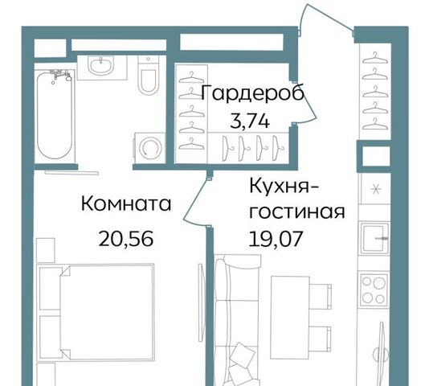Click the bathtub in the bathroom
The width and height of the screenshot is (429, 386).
55,115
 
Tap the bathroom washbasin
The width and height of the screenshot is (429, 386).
101,64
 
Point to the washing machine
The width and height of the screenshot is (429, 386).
149,148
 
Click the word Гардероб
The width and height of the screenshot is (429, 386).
253,93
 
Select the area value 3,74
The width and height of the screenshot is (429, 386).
250,121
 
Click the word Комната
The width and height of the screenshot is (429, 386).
126,203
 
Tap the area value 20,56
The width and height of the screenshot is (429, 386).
126,238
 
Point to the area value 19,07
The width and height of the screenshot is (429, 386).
276,238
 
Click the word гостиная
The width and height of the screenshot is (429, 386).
297,211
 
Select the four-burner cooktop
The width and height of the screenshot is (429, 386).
374,289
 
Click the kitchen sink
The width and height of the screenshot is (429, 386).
374,238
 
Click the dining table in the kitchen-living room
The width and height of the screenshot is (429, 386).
290,318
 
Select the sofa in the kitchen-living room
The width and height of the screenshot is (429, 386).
236,320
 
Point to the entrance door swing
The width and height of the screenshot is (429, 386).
325,17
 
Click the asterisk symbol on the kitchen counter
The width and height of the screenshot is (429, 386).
375,189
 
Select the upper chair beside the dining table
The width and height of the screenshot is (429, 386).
321,297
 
